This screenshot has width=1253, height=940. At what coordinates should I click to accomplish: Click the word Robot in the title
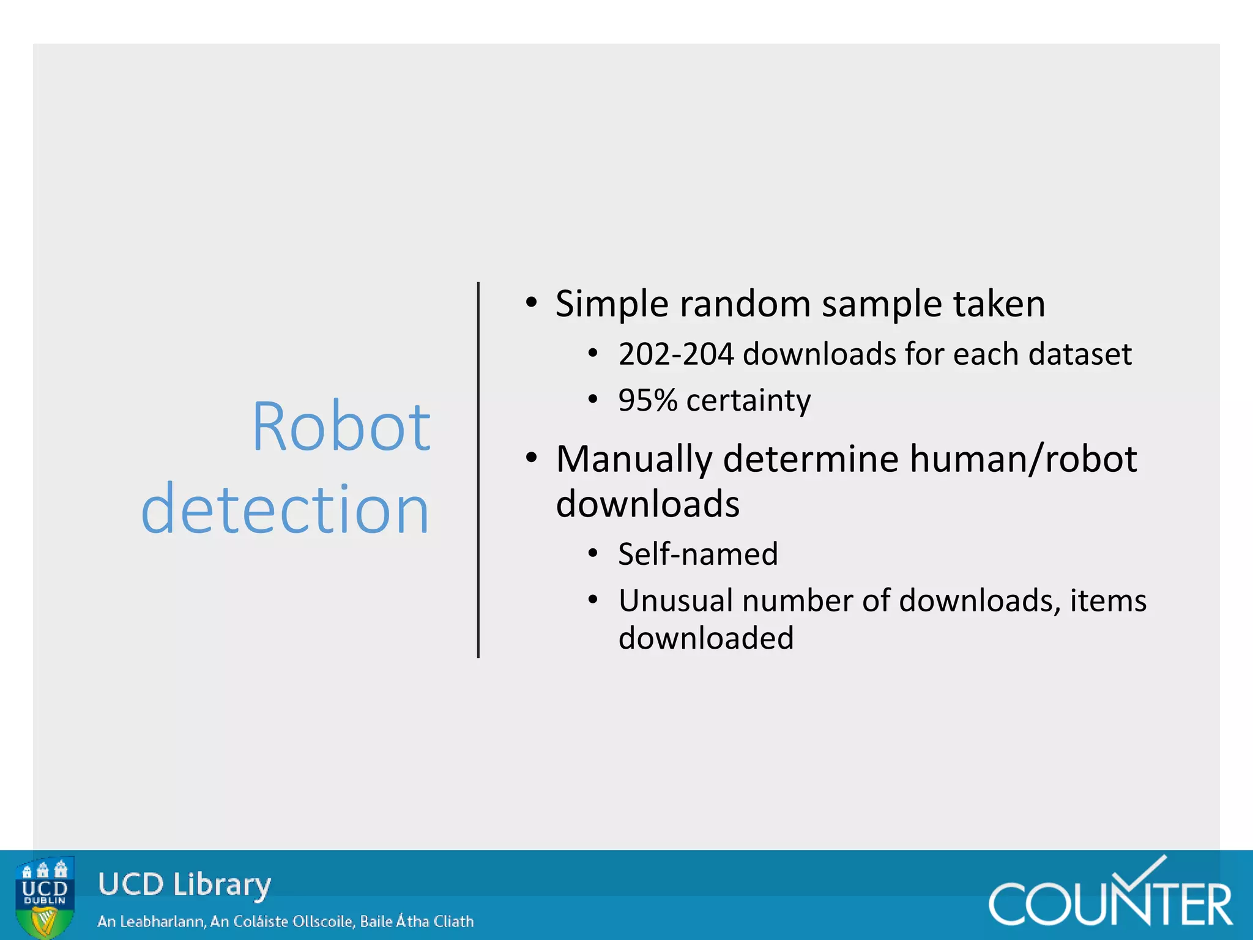coord(341,427)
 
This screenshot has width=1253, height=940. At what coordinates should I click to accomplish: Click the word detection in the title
coord(285,509)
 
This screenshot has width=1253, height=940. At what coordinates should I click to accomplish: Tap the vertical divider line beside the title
coord(478,469)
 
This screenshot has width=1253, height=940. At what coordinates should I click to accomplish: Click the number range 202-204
coord(676,354)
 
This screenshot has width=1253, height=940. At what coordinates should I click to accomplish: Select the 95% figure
coord(647,401)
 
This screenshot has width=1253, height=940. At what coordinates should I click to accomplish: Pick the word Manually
coord(634,460)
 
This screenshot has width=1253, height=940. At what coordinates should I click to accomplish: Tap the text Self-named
coord(698,554)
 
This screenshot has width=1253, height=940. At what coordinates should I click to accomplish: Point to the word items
coord(1108,600)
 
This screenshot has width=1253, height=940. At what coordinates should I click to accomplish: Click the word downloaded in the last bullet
coord(706,638)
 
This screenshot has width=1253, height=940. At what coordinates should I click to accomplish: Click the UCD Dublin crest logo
coord(45,897)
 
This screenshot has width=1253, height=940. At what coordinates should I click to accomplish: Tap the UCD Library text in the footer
coord(184,885)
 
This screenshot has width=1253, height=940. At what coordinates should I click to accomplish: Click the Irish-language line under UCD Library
coord(285,921)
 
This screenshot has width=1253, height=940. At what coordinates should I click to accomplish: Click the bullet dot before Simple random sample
coord(531,302)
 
